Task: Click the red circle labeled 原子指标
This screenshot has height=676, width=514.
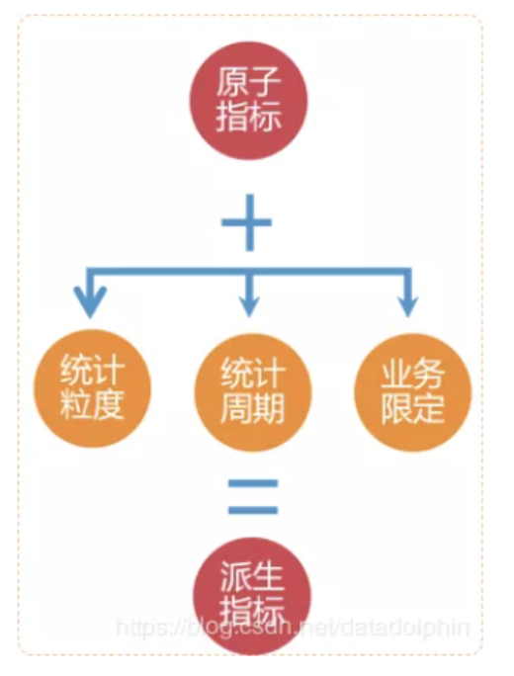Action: click(249, 101)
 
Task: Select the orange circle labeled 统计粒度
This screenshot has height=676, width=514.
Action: click(92, 388)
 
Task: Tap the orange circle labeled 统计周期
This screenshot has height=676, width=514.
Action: click(253, 392)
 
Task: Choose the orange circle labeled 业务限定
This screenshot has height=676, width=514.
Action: click(412, 392)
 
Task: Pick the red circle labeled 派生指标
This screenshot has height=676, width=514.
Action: click(252, 596)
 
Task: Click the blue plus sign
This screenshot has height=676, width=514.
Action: click(247, 222)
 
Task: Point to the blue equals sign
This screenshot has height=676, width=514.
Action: click(253, 497)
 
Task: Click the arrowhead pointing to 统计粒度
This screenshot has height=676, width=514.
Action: click(90, 301)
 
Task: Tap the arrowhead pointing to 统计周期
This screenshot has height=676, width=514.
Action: click(249, 305)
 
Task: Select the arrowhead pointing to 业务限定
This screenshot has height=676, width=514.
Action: click(408, 305)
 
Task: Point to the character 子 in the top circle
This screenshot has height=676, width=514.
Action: click(265, 82)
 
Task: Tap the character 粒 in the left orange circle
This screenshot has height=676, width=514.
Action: click(76, 405)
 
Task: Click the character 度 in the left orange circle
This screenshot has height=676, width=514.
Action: click(108, 405)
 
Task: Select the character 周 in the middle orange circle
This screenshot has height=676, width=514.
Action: click(236, 409)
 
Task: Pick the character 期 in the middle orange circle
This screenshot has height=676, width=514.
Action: click(269, 409)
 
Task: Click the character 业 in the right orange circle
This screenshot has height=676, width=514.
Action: click(396, 375)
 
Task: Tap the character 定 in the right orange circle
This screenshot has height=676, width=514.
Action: click(429, 409)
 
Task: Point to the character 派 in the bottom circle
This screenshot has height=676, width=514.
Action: click(236, 577)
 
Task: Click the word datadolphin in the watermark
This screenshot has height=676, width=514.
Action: click(405, 626)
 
